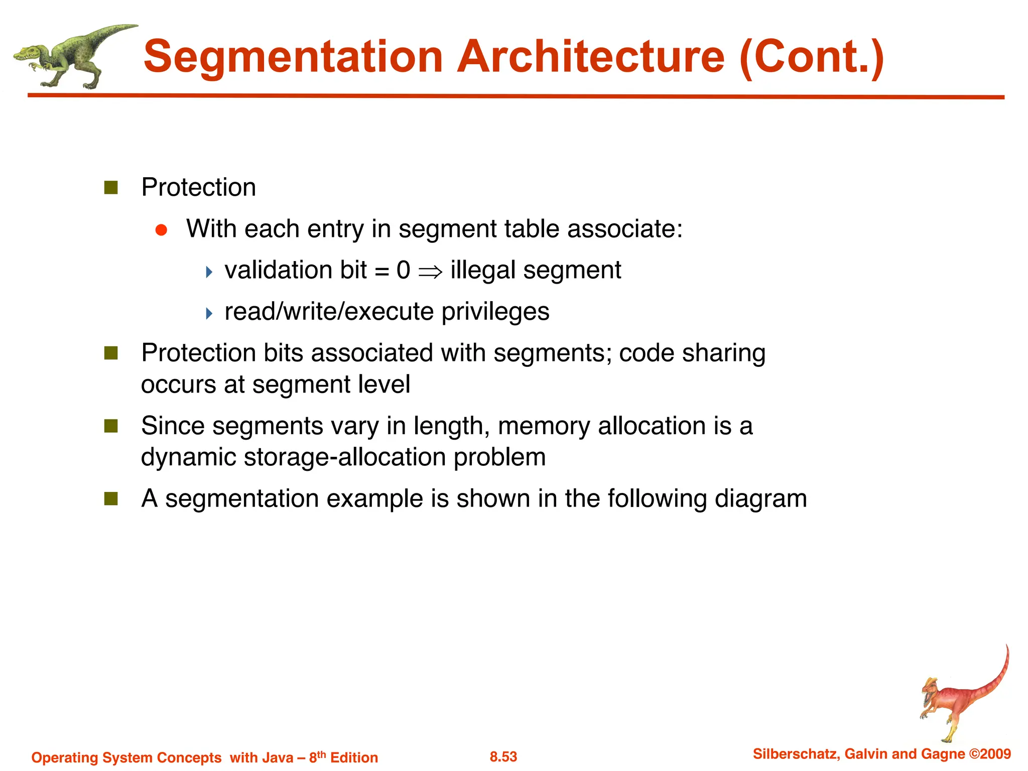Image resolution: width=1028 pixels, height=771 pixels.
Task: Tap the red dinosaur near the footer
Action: click(x=961, y=698)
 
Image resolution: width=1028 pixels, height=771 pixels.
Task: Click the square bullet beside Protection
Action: click(x=111, y=188)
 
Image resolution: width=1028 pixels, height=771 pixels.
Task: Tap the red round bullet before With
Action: click(x=161, y=230)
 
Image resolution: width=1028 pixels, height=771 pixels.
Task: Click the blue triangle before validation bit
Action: click(x=209, y=273)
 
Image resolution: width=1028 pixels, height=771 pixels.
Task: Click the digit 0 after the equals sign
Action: click(x=403, y=271)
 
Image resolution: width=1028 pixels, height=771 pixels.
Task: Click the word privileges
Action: click(x=495, y=312)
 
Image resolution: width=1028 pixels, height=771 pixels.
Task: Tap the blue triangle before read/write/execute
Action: click(x=209, y=314)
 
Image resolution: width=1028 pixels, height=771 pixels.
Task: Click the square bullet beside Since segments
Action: click(x=111, y=427)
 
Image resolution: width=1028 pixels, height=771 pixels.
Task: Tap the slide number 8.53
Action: click(x=503, y=757)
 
